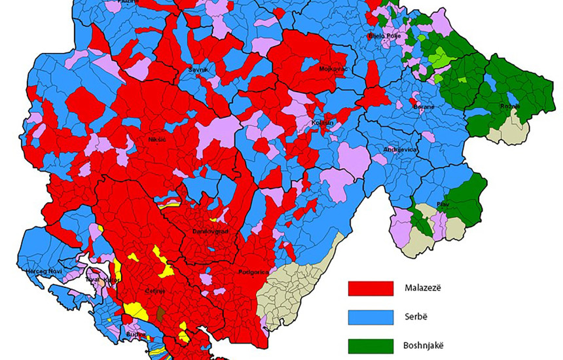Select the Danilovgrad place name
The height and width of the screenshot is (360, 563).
209,232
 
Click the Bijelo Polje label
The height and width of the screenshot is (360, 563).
385,36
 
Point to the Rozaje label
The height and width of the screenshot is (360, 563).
509,106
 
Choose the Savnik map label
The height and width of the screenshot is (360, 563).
198,69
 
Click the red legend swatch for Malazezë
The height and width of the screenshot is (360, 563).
371,288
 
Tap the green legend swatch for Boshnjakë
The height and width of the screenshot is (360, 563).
371,346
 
